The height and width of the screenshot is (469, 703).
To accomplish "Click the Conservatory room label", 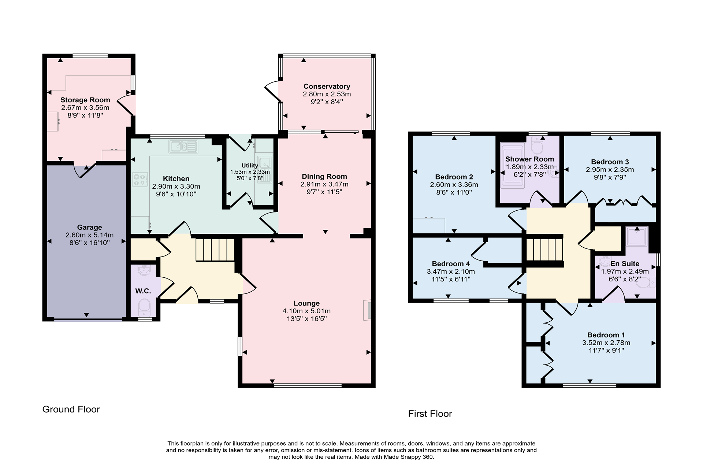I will (x=327, y=86).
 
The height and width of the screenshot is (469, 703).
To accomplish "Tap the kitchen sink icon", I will (x=183, y=147).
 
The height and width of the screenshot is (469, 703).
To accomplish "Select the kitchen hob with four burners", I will (x=140, y=180).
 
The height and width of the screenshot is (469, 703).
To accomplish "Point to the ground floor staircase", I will (x=215, y=250).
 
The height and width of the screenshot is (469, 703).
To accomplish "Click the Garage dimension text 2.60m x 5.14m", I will (x=89, y=235).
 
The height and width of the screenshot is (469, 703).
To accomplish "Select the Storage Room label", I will (x=85, y=100).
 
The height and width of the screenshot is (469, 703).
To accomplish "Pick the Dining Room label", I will (x=324, y=177).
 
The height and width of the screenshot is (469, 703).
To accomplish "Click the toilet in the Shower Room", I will (x=537, y=147).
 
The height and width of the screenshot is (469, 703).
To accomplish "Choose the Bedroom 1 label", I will (x=606, y=335).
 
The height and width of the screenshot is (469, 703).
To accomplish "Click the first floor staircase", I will (x=544, y=250).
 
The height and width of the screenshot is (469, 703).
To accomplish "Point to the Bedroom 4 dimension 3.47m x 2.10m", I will (x=450, y=272).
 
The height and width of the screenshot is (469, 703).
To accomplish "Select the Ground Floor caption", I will (x=71, y=409).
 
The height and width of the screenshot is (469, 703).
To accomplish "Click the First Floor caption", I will (x=430, y=414).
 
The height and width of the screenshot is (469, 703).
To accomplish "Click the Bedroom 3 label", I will (x=610, y=162).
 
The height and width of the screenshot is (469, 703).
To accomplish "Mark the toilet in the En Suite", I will (x=646, y=282).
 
